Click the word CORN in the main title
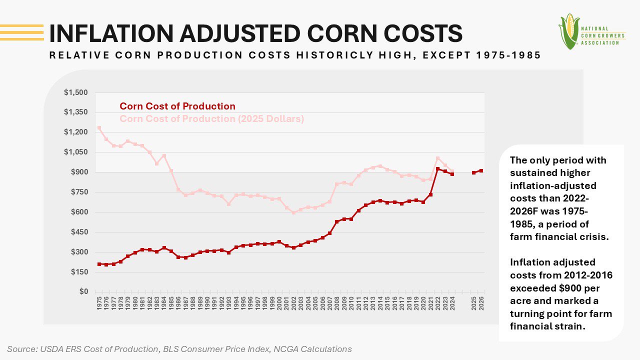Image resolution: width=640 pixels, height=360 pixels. tap(334, 33)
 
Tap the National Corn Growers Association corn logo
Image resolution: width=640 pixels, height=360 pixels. tap(569, 31)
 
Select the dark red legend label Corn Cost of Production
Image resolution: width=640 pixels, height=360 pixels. tap(177, 106)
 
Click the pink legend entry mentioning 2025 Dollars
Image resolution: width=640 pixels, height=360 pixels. tap(211, 119)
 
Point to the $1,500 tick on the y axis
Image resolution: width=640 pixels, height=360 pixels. tap(75, 92)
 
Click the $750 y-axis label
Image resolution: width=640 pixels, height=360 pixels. tap(77, 192)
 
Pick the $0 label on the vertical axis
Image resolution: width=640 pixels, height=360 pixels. tap(82, 291)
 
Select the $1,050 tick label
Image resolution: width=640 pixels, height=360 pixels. tap(75, 152)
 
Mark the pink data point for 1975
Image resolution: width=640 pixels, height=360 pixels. tap(99, 128)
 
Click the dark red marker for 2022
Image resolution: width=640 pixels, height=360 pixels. tap(438, 169)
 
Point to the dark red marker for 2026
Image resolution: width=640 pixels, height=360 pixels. tap(481, 170)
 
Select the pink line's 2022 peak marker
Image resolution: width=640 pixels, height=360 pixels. tap(438, 158)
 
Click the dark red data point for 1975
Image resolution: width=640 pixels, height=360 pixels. tap(99, 264)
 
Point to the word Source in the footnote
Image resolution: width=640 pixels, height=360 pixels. tap(21, 349)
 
